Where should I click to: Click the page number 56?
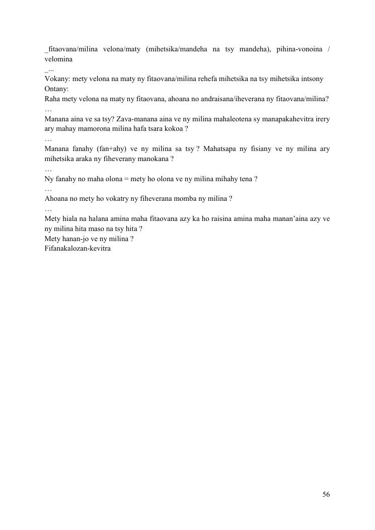click(x=326, y=495)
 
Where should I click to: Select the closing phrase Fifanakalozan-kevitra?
click(x=78, y=249)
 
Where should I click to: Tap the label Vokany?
click(x=57, y=79)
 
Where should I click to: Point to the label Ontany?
click(x=56, y=89)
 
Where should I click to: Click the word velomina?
click(x=59, y=59)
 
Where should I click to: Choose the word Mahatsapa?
click(x=221, y=149)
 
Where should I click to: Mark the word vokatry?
click(x=110, y=198)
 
